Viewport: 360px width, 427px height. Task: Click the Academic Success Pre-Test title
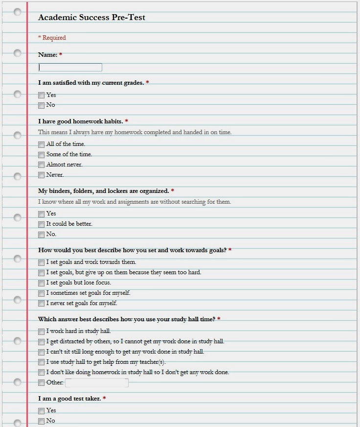pos(91,18)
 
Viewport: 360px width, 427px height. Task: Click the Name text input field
pos(70,68)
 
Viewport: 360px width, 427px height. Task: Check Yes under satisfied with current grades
pos(42,95)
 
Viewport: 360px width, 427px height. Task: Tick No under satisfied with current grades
pos(42,105)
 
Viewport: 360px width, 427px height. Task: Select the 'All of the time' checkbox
pos(42,144)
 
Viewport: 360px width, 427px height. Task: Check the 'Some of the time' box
pos(42,155)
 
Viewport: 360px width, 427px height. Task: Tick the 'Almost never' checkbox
pos(42,165)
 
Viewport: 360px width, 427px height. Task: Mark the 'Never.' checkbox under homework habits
pos(42,175)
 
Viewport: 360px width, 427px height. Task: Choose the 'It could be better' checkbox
pos(42,224)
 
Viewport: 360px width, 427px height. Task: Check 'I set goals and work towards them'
pos(42,262)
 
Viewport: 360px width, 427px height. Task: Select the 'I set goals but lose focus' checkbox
pos(42,283)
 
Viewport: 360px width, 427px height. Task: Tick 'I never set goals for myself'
pos(42,304)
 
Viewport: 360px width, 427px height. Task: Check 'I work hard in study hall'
pos(42,332)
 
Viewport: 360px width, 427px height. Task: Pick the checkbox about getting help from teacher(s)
pos(42,362)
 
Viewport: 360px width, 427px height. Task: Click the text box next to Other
pos(97,383)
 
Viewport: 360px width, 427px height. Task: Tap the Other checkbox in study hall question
pos(42,383)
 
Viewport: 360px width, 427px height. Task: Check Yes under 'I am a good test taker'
pos(42,411)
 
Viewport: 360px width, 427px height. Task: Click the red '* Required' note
pos(52,38)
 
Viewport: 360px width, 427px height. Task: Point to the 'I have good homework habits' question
pos(81,121)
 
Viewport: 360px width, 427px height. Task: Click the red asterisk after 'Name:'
pos(61,55)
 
